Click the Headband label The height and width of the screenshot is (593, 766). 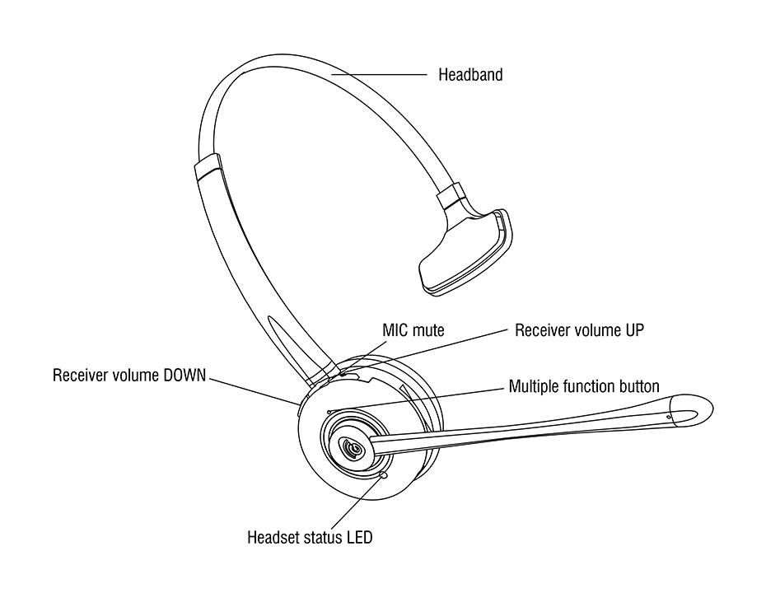[470, 75]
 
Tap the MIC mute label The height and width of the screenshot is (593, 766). [413, 330]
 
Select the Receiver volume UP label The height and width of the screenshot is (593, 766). [579, 330]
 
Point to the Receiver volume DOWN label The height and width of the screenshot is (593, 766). [130, 376]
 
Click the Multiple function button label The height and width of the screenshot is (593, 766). [584, 385]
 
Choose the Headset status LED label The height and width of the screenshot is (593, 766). [310, 539]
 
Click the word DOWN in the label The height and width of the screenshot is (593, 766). [185, 376]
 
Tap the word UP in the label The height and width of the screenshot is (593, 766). [633, 330]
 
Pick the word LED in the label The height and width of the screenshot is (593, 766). [358, 539]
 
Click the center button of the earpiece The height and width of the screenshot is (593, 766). [352, 448]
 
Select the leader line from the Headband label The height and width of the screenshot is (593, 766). [379, 75]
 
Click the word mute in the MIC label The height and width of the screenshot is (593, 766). [428, 330]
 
